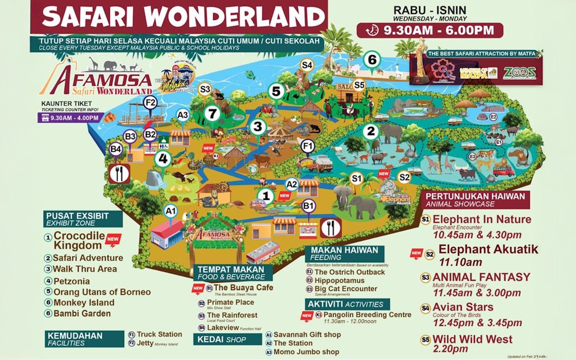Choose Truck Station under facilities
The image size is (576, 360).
coord(159,334)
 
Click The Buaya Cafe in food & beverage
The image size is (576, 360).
coord(243,288)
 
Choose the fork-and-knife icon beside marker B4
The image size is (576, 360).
coord(119,173)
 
